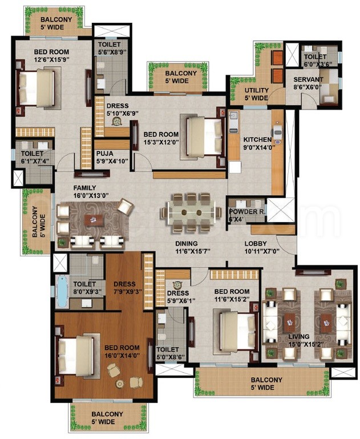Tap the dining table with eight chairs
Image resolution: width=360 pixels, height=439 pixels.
191,212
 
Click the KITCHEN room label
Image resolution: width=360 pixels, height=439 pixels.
257,140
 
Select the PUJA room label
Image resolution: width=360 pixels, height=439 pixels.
105,154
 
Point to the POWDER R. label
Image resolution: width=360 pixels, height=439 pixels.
247,212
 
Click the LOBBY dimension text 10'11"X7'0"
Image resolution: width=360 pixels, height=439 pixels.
262,251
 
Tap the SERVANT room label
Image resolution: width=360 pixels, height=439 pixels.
308,80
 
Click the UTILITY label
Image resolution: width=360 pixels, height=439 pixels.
257,90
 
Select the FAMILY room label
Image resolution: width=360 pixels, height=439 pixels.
85,188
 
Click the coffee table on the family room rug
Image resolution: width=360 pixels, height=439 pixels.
94,220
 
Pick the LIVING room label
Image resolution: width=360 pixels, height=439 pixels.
299,337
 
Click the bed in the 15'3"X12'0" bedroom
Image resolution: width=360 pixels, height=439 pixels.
205,136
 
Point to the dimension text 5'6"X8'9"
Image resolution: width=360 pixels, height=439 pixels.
112,52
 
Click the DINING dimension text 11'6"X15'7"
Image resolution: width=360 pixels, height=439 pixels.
193,251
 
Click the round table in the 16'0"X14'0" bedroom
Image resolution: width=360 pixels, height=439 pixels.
120,384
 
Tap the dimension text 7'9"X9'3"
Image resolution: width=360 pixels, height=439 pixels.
128,292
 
